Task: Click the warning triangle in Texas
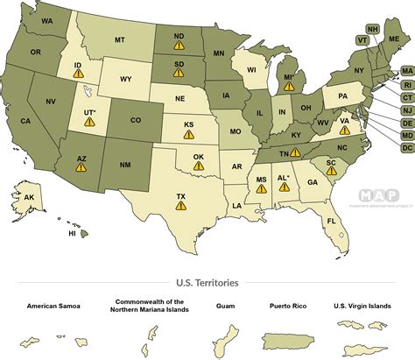pos(180,206)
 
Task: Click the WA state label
pos(46,19)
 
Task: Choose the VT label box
pos(362,39)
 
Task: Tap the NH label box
pos(373,28)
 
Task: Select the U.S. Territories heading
pos(207,283)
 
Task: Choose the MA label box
pos(407,71)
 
